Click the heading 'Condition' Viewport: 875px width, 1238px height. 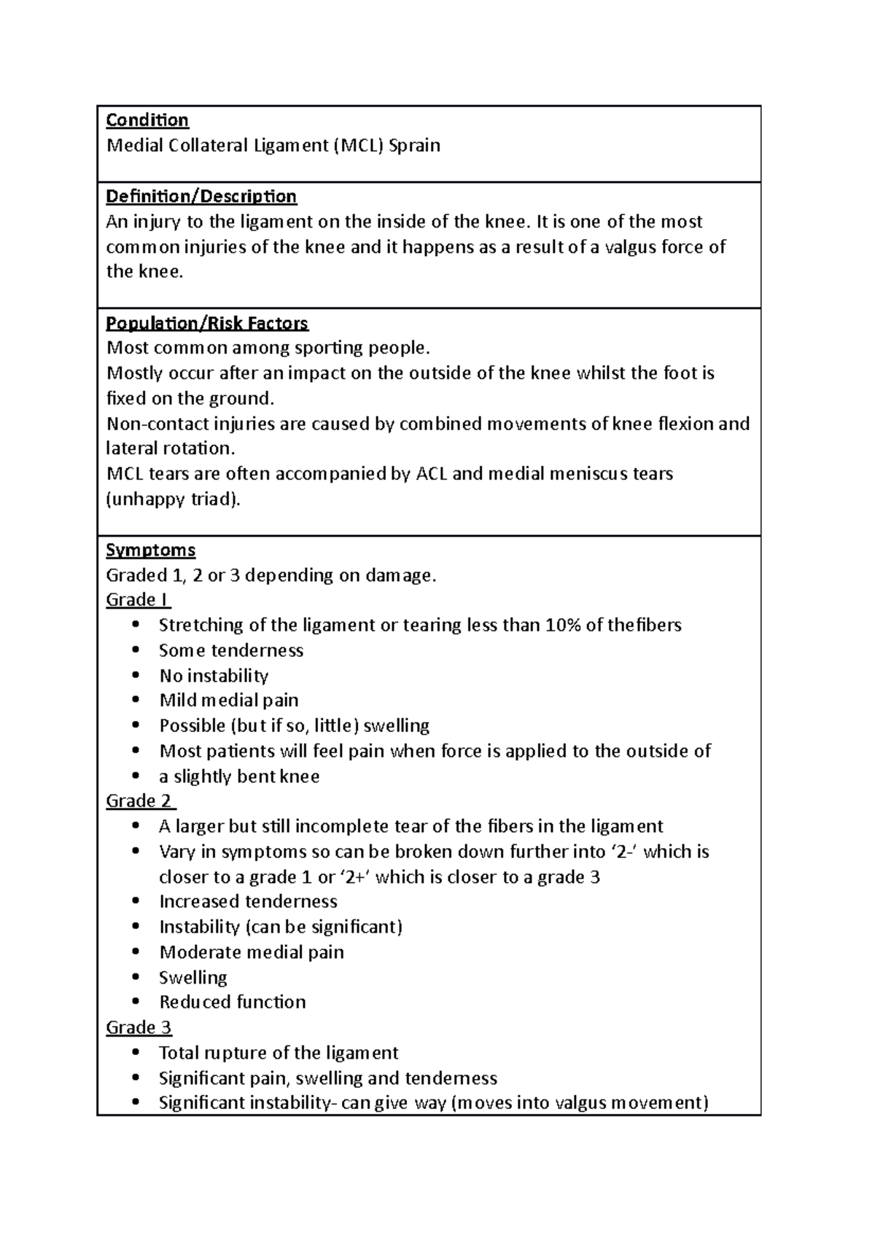147,120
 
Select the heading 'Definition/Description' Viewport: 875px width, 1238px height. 201,197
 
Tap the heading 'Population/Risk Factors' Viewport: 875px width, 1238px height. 207,323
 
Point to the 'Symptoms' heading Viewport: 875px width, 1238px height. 151,550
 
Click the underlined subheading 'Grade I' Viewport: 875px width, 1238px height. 138,600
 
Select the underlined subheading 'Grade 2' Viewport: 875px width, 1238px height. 139,801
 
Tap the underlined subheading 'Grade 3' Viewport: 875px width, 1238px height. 139,1028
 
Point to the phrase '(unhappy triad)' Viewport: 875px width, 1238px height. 173,499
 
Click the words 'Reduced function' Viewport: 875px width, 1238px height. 233,1003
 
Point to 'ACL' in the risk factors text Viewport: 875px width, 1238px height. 432,474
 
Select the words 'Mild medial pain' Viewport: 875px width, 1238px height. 229,701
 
